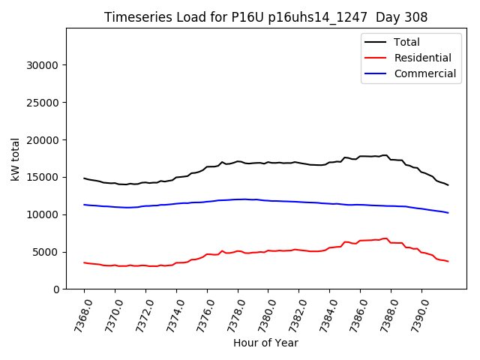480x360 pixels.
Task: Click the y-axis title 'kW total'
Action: point(16,158)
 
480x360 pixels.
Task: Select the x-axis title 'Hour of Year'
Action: point(265,343)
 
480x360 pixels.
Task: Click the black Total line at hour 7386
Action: point(360,156)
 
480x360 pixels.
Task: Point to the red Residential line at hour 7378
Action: point(238,251)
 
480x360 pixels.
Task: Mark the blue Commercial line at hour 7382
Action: point(299,202)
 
